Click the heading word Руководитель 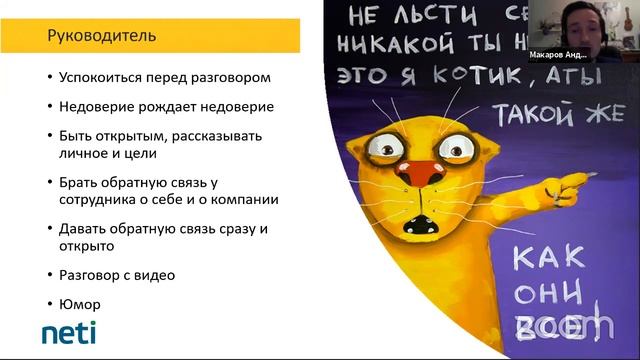pyautogui.click(x=102, y=37)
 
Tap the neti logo pyautogui.click(x=69, y=333)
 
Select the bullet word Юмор pyautogui.click(x=79, y=303)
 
